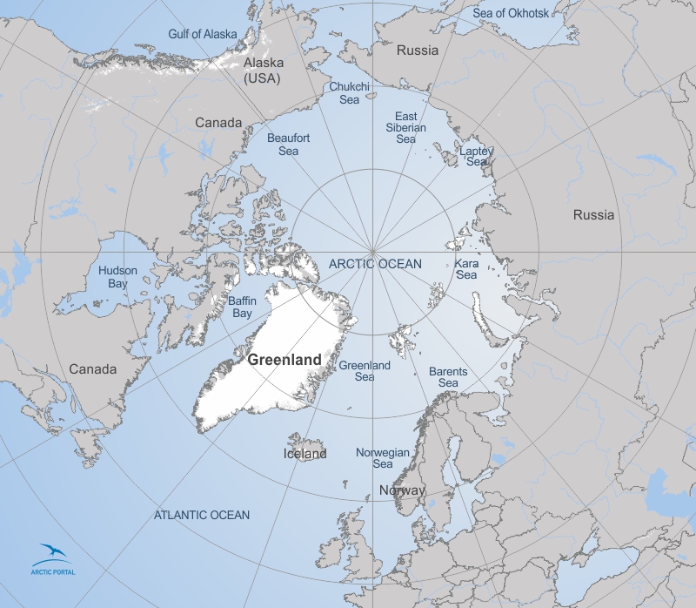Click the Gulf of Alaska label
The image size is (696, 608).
click(202, 34)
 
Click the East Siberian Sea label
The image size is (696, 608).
click(406, 127)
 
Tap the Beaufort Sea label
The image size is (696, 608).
click(283, 145)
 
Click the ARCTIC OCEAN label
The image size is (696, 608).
click(375, 263)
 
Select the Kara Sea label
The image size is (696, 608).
click(466, 268)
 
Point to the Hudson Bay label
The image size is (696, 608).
click(117, 277)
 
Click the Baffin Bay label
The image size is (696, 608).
click(240, 307)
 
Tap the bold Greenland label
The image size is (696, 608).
click(284, 359)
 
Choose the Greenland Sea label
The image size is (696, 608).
click(365, 371)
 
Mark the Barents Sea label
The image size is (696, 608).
click(448, 377)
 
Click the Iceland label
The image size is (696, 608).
click(305, 454)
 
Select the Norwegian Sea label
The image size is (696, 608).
click(382, 458)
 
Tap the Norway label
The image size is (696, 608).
click(402, 490)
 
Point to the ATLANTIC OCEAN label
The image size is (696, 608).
click(202, 515)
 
